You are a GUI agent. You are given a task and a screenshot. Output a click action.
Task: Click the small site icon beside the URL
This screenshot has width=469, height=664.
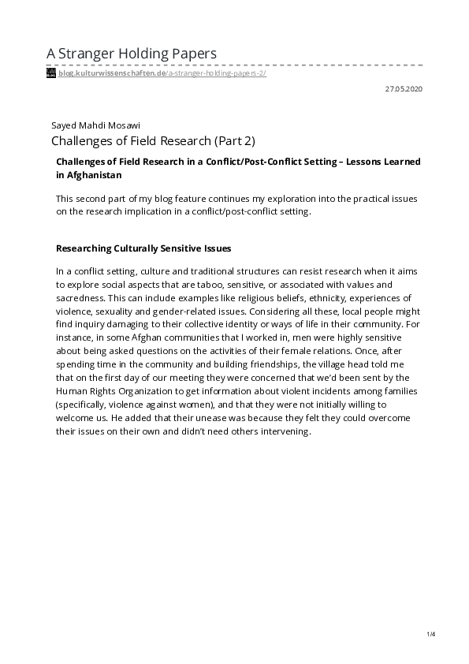tap(51, 73)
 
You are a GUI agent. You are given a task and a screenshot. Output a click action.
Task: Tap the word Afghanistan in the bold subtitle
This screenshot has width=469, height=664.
tap(89, 174)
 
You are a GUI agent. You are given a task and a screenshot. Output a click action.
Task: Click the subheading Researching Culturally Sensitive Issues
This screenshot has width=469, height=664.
tap(143, 248)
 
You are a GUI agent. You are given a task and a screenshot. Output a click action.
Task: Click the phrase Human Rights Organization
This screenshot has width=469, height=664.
tap(113, 392)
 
